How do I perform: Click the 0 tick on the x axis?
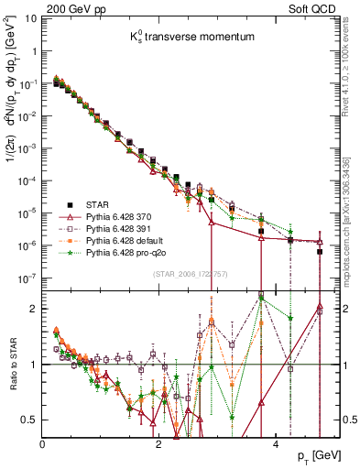click(x=43, y=445)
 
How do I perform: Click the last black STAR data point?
click(x=319, y=252)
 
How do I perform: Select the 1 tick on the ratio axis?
click(x=36, y=365)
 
